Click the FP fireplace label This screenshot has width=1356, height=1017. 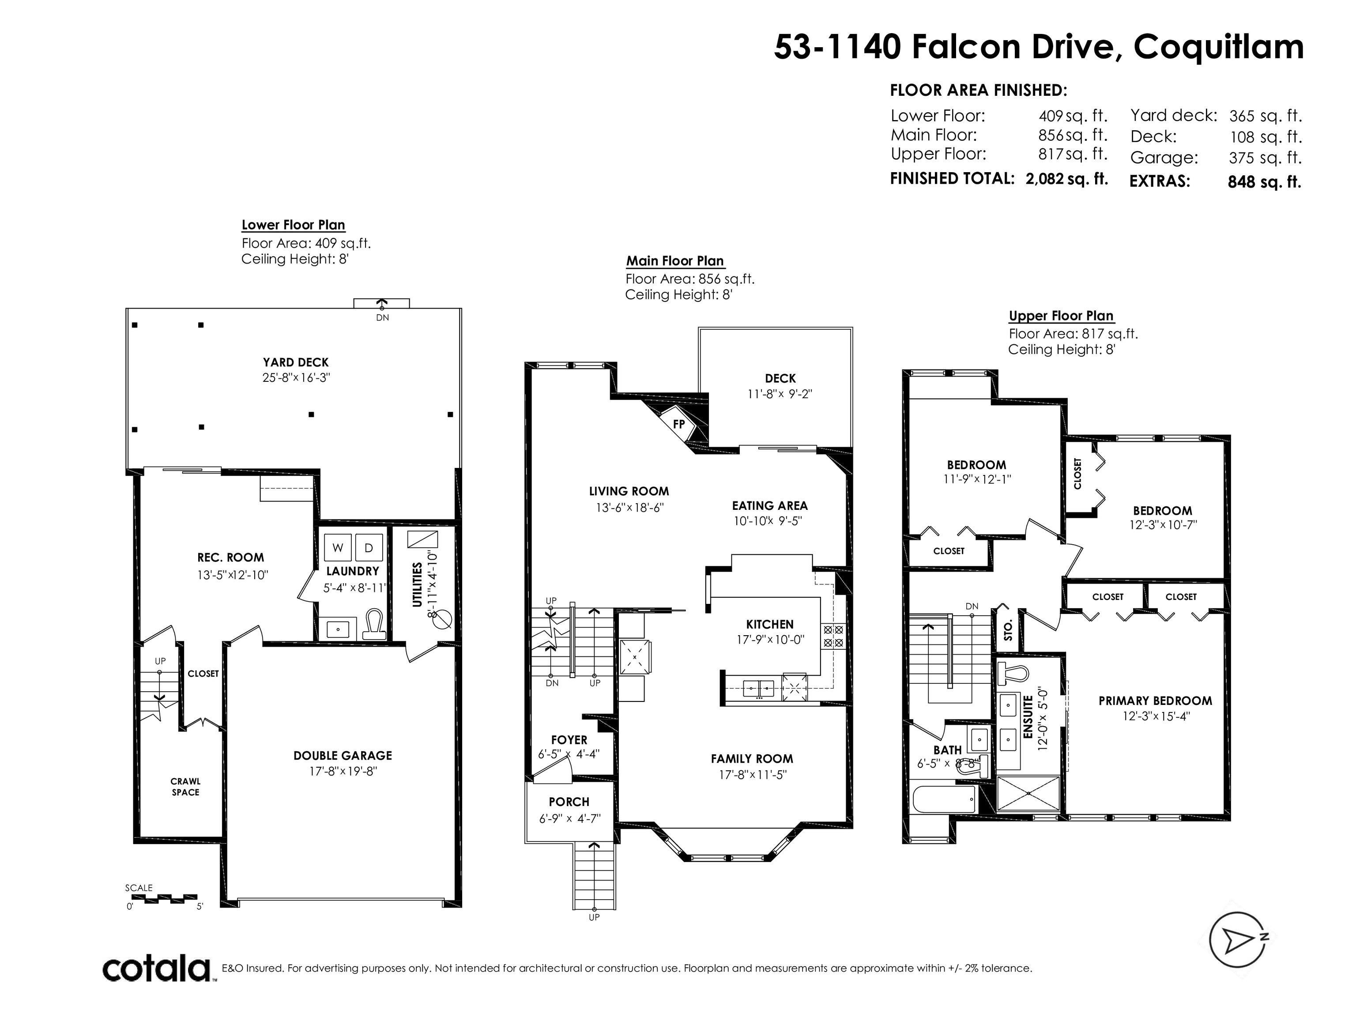pos(678,424)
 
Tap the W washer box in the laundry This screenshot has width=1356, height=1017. pos(338,547)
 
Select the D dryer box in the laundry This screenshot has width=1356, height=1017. pos(369,547)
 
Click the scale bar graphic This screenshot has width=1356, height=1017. pos(164,898)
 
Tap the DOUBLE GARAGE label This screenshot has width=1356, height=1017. pos(343,756)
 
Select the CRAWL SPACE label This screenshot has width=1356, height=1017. pos(186,787)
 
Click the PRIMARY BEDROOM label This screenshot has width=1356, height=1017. pos(1155,701)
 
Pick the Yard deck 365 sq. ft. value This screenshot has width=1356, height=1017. pos(1265,116)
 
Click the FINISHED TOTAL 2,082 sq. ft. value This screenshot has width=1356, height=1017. pos(1066,178)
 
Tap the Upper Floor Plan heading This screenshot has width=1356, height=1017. pos(1061,316)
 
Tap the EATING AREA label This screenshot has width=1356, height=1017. pos(769,506)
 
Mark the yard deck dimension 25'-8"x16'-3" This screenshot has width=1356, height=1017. pos(296,377)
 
